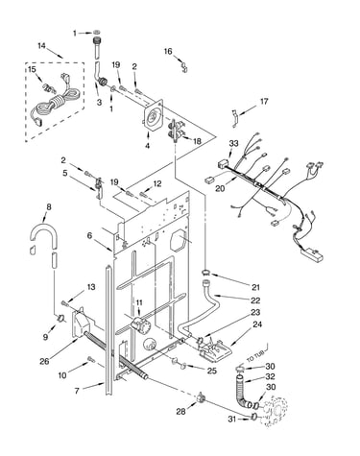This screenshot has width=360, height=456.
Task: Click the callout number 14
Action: coord(41,46)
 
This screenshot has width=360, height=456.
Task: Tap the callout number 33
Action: coord(233,144)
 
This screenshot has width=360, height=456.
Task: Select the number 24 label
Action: coord(257,324)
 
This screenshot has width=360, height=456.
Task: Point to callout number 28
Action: coord(180,412)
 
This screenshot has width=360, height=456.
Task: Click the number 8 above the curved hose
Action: coord(49,207)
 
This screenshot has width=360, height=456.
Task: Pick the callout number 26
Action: coord(44,361)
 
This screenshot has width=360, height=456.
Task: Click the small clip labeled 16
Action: coord(184,66)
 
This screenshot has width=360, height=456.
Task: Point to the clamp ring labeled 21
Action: coord(205,273)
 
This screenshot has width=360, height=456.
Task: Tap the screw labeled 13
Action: coord(64,302)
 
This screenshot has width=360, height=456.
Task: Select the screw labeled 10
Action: coord(91,360)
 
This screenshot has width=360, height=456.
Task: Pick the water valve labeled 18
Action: coord(177,131)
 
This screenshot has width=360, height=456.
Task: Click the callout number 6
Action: coord(89,236)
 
